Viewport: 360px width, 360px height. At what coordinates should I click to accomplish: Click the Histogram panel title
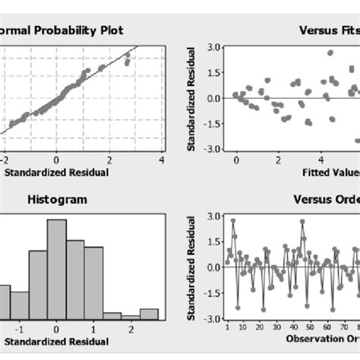[x=56, y=199]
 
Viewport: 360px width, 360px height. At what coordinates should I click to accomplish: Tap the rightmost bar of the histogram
[x=149, y=313]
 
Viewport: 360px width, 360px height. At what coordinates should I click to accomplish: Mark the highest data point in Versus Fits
[x=330, y=53]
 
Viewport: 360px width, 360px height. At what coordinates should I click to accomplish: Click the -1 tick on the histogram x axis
[x=20, y=330]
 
